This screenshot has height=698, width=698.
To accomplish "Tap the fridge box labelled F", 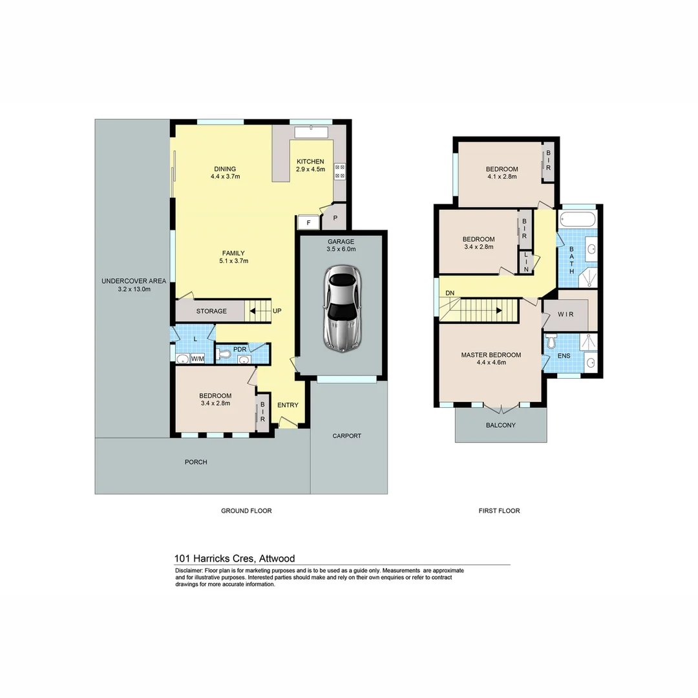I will pos(308,222).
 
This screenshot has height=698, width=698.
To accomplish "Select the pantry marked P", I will pos(335,218).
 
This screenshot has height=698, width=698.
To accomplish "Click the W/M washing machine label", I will pos(197,359).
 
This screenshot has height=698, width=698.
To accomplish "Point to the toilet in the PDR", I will pos(223,354).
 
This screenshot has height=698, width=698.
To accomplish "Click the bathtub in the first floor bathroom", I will pos(578,218).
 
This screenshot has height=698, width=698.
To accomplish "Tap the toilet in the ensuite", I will pos(551,341).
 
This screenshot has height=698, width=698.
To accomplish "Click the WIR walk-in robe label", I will pos(565,315).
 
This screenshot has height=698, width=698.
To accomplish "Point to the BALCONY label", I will pos(501,425).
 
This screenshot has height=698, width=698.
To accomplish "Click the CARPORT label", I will pos(347,436).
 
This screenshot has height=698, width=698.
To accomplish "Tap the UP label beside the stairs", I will pos(277,311).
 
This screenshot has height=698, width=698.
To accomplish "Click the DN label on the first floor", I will pos(450,293).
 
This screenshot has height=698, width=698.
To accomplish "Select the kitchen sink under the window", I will pos(312,132).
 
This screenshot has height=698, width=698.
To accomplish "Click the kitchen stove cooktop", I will pos(339,171).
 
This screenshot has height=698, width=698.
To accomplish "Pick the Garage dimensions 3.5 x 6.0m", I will pos(341,249).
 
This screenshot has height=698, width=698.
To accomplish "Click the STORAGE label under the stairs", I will pos(211,311).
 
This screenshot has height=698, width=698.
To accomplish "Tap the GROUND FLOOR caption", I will pos(246,511).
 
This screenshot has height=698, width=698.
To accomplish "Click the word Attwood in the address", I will pos(277,558).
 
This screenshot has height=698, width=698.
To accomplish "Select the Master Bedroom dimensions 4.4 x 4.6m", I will pos(491,363).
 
